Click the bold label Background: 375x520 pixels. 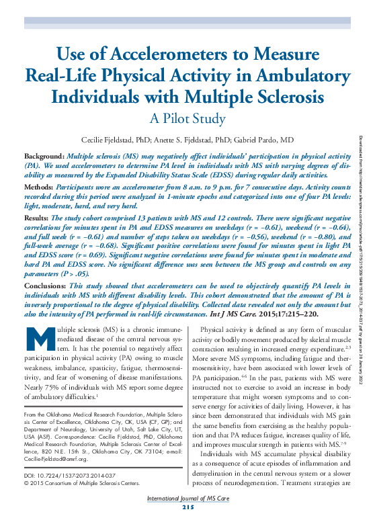coord(43,155)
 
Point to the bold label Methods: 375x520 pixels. coord(38,181)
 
